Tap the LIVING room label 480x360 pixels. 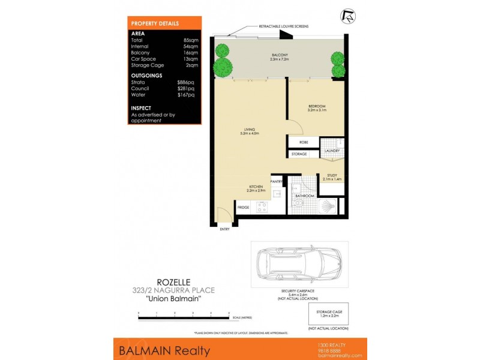[250, 129]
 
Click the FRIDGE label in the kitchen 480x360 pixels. [243, 208]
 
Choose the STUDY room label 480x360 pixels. [332, 175]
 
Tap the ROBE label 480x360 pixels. [304, 143]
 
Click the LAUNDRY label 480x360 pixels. [332, 151]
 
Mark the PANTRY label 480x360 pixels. [277, 181]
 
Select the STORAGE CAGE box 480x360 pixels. [328, 313]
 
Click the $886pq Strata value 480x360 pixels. [186, 82]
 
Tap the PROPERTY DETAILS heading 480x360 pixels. [155, 23]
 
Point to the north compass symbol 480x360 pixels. [347, 16]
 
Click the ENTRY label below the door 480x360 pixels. [224, 229]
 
